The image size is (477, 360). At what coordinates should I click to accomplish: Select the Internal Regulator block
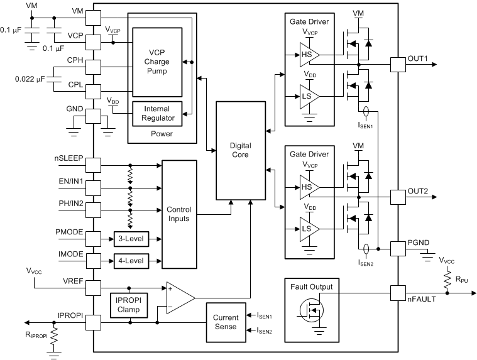(156, 113)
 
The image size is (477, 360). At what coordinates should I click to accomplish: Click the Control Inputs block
(180, 214)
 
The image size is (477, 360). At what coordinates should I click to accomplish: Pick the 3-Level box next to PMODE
(129, 239)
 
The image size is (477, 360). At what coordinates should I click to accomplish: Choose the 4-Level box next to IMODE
(129, 260)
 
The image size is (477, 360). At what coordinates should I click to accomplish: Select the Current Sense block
(225, 322)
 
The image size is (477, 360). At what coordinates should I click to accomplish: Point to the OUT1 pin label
(417, 59)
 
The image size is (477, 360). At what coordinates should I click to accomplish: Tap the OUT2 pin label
(417, 191)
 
